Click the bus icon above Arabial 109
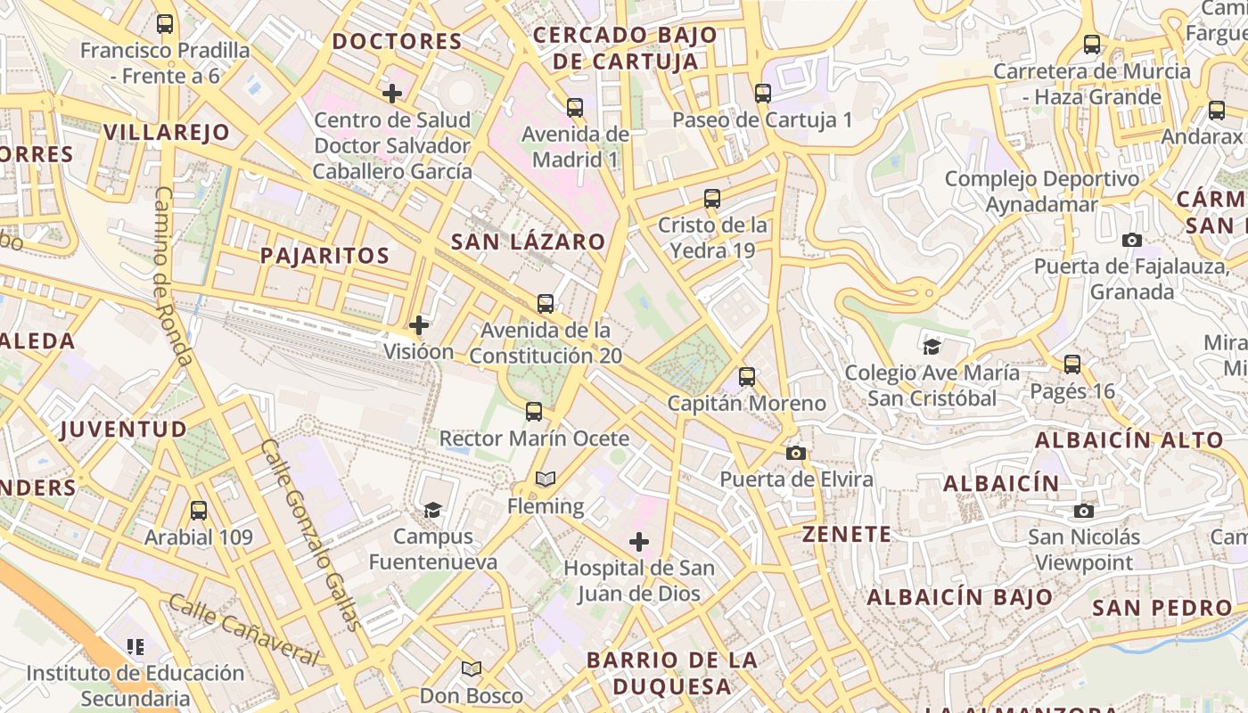click(199, 511)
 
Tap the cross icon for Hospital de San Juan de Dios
click(638, 541)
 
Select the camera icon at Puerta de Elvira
click(796, 453)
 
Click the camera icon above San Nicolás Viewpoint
click(1083, 511)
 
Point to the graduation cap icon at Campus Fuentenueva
click(432, 510)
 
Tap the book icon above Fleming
click(546, 479)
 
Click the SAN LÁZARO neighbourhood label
click(528, 242)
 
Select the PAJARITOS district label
click(324, 256)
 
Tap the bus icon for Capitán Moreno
click(747, 377)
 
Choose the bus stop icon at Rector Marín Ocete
click(533, 412)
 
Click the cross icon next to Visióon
click(418, 325)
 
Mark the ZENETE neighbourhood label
click(846, 535)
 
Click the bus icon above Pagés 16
click(1071, 365)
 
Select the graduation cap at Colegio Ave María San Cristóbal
click(932, 347)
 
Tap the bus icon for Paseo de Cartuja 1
click(762, 93)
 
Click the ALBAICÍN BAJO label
click(959, 597)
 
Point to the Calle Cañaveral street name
click(242, 631)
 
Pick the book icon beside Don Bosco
click(472, 668)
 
